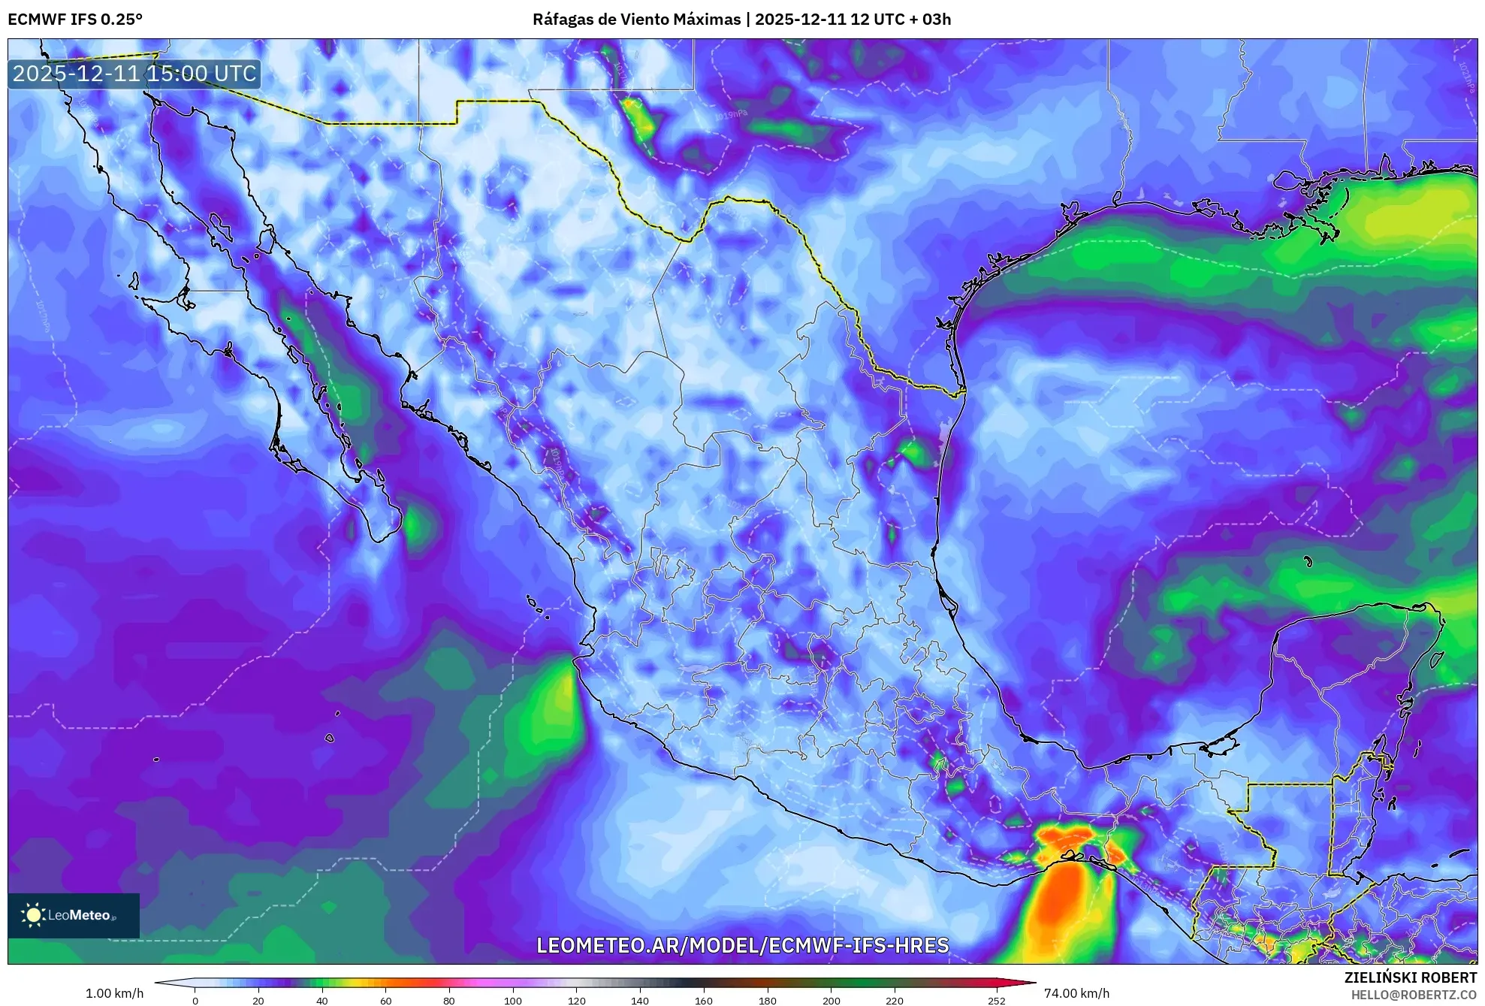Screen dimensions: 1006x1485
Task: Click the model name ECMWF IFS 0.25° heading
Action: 75,19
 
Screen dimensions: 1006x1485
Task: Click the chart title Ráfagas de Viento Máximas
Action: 636,19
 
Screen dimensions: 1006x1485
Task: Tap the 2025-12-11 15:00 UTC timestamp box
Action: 134,74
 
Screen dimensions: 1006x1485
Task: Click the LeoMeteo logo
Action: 74,915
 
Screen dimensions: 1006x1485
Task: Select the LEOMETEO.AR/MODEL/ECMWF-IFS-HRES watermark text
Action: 742,945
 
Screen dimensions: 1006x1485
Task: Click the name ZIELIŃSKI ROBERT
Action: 1410,977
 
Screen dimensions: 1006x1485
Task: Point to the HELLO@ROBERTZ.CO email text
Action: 1414,995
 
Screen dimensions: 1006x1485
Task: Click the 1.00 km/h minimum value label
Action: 114,993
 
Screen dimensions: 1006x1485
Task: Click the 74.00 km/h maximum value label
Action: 1076,993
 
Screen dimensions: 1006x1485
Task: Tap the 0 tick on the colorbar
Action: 195,1000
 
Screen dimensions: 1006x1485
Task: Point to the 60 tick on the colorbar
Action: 385,1000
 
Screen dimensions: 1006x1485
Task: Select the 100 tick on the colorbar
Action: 512,1000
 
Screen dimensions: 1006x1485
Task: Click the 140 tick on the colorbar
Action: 639,1000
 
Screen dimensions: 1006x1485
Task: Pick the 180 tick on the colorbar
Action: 767,1000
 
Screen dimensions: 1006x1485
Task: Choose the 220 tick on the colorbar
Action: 894,1000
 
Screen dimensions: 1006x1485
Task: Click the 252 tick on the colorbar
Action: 996,1000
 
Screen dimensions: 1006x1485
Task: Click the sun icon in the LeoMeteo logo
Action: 33,914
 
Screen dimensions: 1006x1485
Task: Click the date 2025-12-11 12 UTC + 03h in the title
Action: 853,19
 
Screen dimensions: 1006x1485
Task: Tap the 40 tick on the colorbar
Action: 322,1000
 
